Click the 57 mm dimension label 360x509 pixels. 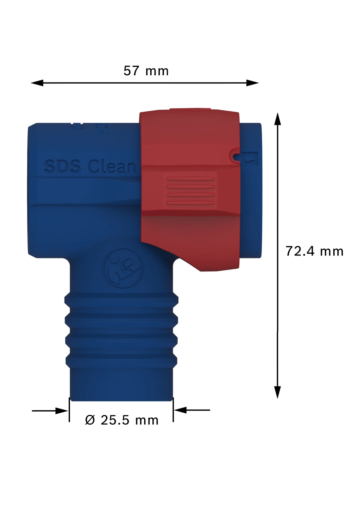click(146, 71)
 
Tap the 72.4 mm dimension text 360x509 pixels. click(314, 251)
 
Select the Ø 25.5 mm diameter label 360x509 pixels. click(122, 420)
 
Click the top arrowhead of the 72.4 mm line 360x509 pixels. click(278, 119)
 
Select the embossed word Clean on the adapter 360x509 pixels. click(112, 166)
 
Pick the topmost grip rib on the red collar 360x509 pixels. click(191, 178)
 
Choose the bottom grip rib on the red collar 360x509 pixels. click(191, 203)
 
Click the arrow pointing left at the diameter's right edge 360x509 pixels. click(180, 410)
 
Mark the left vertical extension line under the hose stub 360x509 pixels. click(69, 411)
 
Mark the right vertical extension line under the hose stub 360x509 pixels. click(173, 411)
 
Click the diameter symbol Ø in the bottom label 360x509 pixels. click(90, 420)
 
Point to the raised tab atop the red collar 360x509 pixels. click(190, 110)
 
